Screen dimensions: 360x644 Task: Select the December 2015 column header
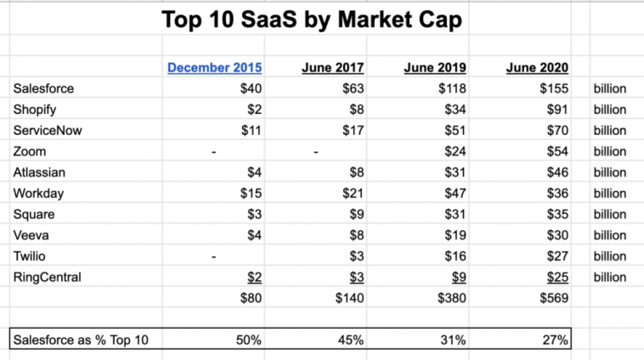pos(214,68)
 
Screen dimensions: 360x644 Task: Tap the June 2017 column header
pos(333,68)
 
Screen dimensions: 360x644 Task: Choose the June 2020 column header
pos(537,68)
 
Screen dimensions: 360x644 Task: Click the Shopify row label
pos(36,109)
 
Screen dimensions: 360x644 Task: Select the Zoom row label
pos(31,151)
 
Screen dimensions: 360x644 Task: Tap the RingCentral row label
pos(46,277)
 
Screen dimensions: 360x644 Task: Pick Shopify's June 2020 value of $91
pos(556,109)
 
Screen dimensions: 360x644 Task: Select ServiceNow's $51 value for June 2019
pos(455,130)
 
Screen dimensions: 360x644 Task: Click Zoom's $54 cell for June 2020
pos(556,151)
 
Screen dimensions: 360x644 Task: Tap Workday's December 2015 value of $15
pos(251,193)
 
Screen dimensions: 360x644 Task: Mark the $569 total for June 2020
pos(552,298)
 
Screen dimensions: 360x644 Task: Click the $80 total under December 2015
pos(251,298)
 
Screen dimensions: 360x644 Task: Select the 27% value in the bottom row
pos(554,340)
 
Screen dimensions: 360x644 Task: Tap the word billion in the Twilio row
pos(610,256)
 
